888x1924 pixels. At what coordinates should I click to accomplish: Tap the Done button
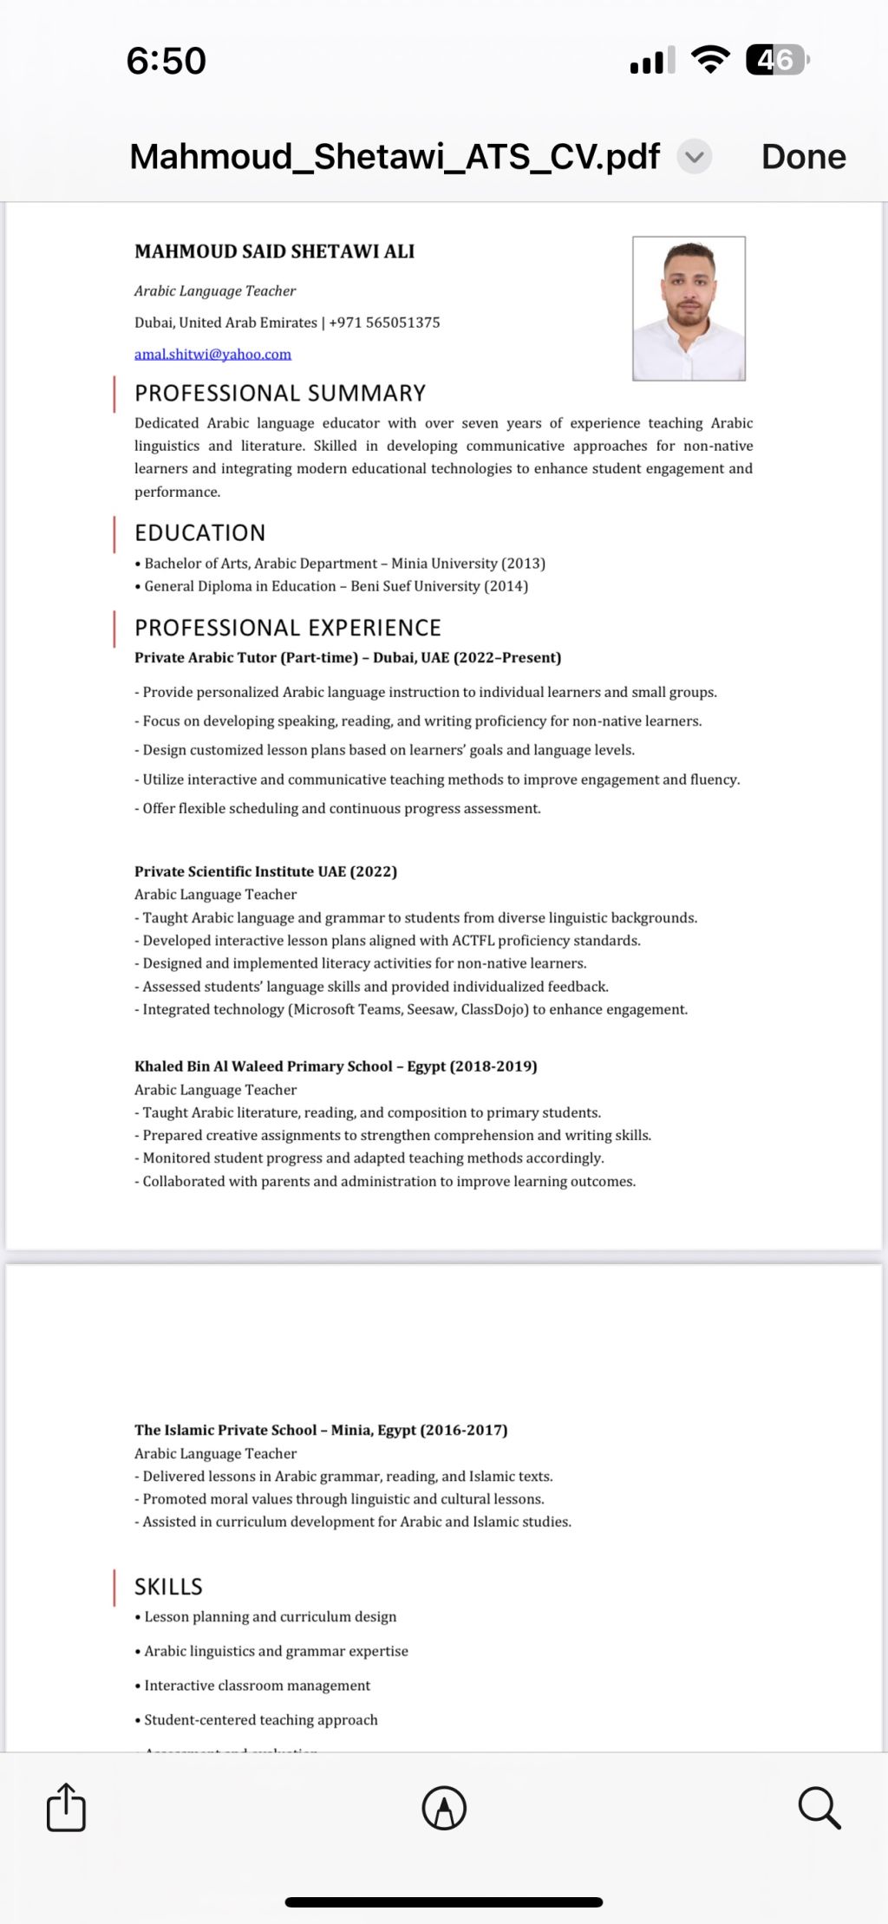[803, 157]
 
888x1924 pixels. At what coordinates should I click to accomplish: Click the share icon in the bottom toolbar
[66, 1808]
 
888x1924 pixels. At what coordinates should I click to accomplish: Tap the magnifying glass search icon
[819, 1808]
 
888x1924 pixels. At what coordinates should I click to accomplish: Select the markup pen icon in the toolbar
[444, 1808]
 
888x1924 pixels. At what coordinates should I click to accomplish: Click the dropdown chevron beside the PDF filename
[694, 157]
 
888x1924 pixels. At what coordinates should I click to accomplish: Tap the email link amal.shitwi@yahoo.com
[212, 354]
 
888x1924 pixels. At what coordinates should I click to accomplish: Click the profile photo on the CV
[689, 308]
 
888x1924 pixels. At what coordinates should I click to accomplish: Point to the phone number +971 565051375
[384, 323]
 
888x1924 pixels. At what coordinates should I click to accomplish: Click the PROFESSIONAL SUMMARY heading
[280, 394]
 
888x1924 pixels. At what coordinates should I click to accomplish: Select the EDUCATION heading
[200, 532]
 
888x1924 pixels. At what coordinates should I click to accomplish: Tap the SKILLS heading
[168, 1587]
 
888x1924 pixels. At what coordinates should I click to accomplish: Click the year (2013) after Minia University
[523, 564]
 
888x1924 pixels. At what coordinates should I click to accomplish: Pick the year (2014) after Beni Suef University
[506, 586]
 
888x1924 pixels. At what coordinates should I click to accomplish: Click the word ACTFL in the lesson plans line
[473, 941]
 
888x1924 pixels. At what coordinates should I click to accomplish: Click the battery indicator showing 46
[777, 60]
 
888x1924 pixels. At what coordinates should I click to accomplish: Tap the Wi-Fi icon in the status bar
[710, 60]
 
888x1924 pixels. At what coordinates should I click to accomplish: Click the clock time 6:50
[166, 61]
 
